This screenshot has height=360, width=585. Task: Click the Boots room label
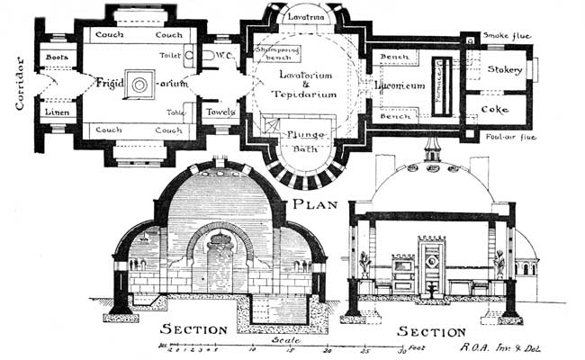(57, 57)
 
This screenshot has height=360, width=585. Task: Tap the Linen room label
(56, 112)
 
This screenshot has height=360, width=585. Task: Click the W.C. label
(225, 56)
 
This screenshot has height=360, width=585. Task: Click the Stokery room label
(505, 69)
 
